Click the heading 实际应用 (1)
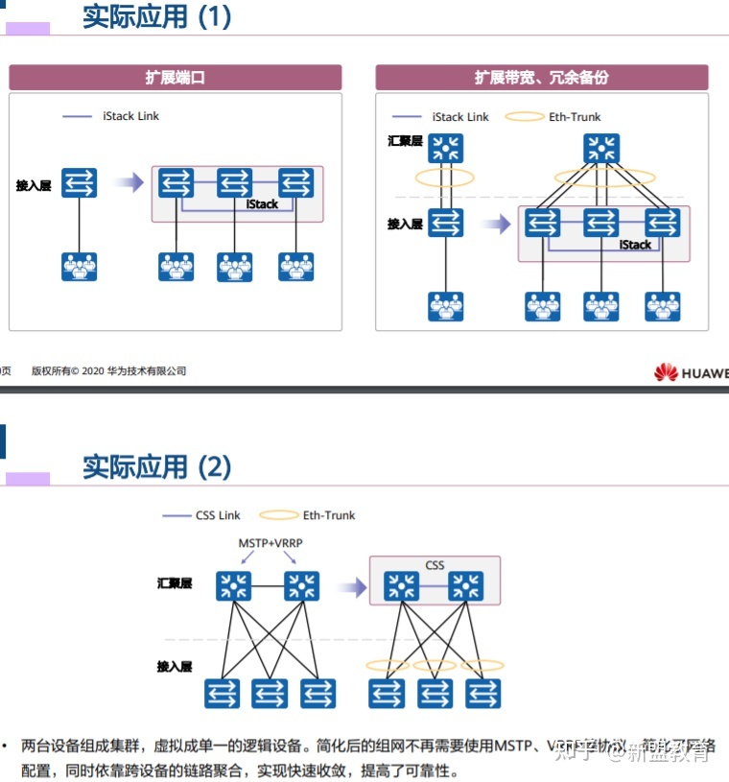(x=157, y=17)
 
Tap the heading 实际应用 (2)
(x=157, y=467)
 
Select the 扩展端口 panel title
(x=176, y=78)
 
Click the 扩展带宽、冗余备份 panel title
(x=541, y=78)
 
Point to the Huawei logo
(x=691, y=372)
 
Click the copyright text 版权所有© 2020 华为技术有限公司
(x=108, y=371)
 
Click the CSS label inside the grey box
(x=435, y=565)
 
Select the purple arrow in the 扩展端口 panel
(x=129, y=182)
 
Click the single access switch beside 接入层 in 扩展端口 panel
(x=80, y=182)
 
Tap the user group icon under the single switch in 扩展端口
(x=80, y=266)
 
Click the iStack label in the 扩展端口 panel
(x=262, y=204)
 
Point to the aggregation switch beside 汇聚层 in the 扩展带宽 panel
(x=445, y=148)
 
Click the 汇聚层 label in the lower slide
(x=175, y=583)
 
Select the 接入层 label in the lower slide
(x=175, y=666)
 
